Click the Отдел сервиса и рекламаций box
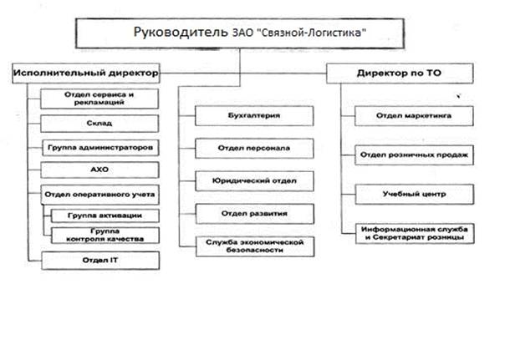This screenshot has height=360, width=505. pyautogui.click(x=99, y=99)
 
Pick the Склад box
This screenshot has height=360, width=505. pyautogui.click(x=99, y=123)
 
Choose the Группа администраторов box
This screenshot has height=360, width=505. pyautogui.click(x=99, y=147)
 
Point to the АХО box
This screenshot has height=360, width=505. pyautogui.click(x=99, y=170)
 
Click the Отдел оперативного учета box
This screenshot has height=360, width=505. pyautogui.click(x=99, y=194)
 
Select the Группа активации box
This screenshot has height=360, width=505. pyautogui.click(x=105, y=215)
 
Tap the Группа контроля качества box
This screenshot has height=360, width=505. pyautogui.click(x=105, y=235)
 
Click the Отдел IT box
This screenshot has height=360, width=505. pyautogui.click(x=99, y=261)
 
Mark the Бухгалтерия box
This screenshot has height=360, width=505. pyautogui.click(x=253, y=114)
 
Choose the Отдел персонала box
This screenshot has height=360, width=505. pyautogui.click(x=253, y=147)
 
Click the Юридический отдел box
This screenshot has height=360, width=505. pyautogui.click(x=253, y=179)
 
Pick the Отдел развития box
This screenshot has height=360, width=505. pyautogui.click(x=253, y=210)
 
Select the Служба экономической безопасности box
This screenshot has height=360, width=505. pyautogui.click(x=253, y=246)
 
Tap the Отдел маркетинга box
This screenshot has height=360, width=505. pyautogui.click(x=415, y=114)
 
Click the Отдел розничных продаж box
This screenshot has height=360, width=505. pyautogui.click(x=415, y=154)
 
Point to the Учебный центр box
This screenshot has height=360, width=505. pyautogui.click(x=415, y=194)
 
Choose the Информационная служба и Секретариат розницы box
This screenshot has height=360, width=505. pyautogui.click(x=415, y=233)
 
